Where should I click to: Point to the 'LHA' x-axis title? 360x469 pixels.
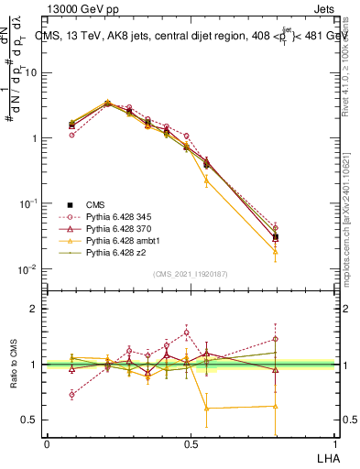coord(326,457)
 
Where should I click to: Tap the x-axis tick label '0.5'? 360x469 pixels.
coord(190,443)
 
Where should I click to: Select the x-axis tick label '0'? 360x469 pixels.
coord(47,443)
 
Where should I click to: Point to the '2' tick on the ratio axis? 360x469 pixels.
coord(35,309)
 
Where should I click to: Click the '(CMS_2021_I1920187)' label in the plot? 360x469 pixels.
coord(190,273)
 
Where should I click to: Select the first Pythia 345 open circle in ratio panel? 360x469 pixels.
coord(72,395)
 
